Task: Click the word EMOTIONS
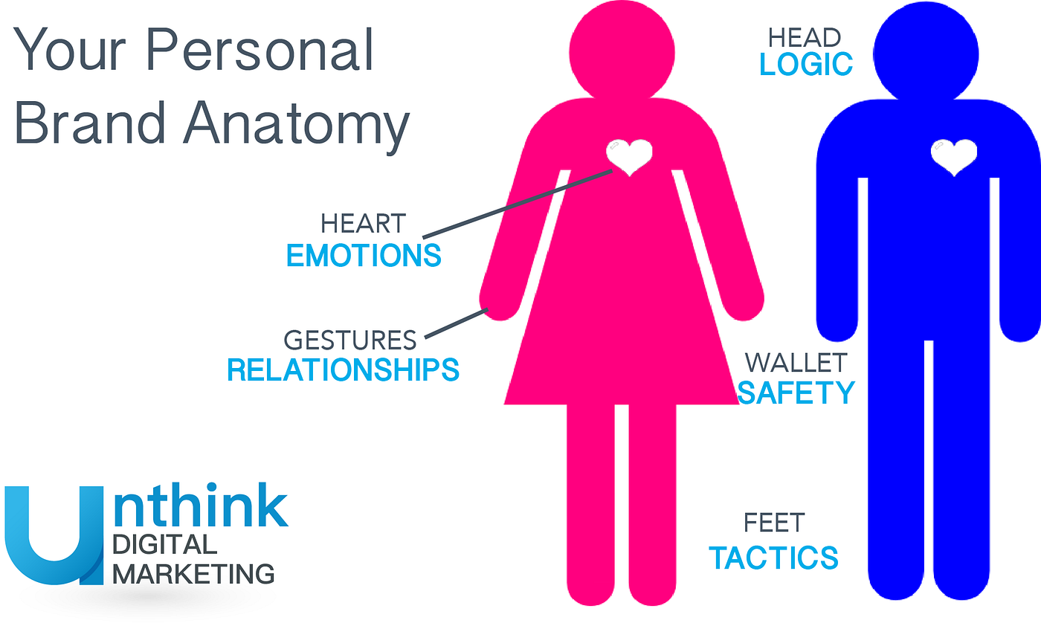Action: coord(364,255)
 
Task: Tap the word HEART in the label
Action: coord(363,224)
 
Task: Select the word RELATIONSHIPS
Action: coord(343,370)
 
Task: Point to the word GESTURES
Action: coord(349,341)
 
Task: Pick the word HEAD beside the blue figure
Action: coord(804,37)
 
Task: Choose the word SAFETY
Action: coord(796,393)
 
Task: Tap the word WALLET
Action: coord(796,363)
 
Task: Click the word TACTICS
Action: coord(773,558)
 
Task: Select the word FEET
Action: coord(773,523)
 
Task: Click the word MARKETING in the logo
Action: coord(193,574)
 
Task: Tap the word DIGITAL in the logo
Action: coord(164,545)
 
